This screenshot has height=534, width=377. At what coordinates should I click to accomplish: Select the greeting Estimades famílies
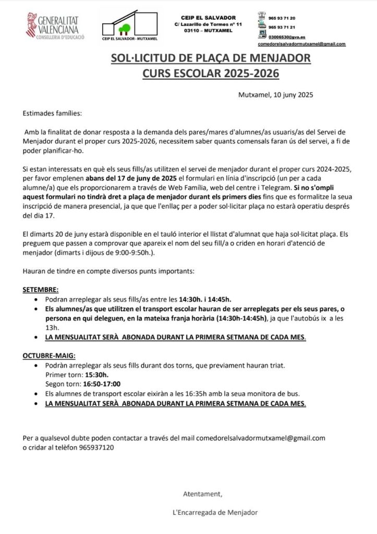(52, 113)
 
